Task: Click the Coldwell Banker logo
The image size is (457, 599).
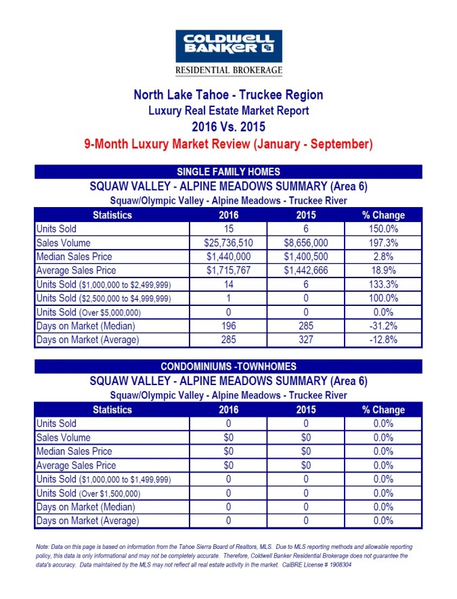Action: (228, 46)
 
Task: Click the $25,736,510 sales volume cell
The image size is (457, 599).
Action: (228, 243)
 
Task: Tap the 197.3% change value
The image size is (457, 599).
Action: (383, 243)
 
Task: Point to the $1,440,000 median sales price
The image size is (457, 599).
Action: (228, 257)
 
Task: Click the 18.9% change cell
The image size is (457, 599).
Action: (383, 271)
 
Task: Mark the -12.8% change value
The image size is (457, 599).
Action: (383, 340)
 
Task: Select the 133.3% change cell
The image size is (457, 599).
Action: (383, 285)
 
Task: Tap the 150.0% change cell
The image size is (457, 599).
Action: (383, 229)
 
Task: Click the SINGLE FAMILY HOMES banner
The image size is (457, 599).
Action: (228, 172)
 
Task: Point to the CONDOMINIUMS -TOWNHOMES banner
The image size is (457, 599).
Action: (228, 367)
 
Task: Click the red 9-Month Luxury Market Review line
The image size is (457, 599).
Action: (228, 143)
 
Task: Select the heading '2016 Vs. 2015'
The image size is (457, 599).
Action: (228, 127)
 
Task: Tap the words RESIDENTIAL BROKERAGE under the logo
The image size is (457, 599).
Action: (228, 70)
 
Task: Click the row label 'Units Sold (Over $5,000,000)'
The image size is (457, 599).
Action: (88, 313)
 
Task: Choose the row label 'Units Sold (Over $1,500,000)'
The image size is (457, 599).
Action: (88, 493)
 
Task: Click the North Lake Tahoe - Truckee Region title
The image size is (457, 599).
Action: (228, 95)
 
